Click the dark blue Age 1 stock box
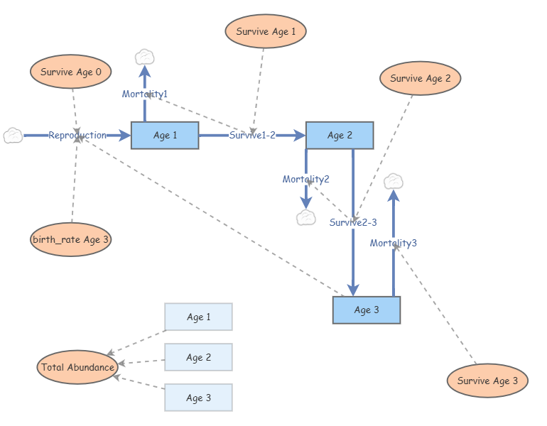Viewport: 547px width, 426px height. [165, 135]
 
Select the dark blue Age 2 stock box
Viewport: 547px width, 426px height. [340, 135]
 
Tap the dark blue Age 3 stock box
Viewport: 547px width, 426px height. [367, 310]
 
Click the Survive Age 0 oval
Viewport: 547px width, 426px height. [71, 72]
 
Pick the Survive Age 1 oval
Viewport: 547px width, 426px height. [266, 31]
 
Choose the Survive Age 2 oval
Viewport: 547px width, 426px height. [421, 79]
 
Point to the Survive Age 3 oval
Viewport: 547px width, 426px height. [487, 381]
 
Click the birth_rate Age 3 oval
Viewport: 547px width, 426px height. [71, 239]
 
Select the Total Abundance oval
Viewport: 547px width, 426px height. [77, 367]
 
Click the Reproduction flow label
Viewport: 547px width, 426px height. [77, 135]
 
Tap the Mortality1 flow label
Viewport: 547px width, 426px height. [145, 94]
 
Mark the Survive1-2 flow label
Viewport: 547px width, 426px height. [252, 135]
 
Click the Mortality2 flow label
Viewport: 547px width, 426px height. [306, 179]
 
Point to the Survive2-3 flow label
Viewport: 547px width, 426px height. [353, 222]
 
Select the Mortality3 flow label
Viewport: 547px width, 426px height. [394, 243]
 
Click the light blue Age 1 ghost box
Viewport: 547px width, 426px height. [198, 317]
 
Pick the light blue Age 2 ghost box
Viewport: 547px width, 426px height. [198, 357]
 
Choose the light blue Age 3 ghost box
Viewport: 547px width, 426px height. [198, 398]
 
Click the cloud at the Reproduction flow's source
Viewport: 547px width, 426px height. [13, 135]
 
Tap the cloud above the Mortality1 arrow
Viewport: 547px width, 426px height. [145, 56]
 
